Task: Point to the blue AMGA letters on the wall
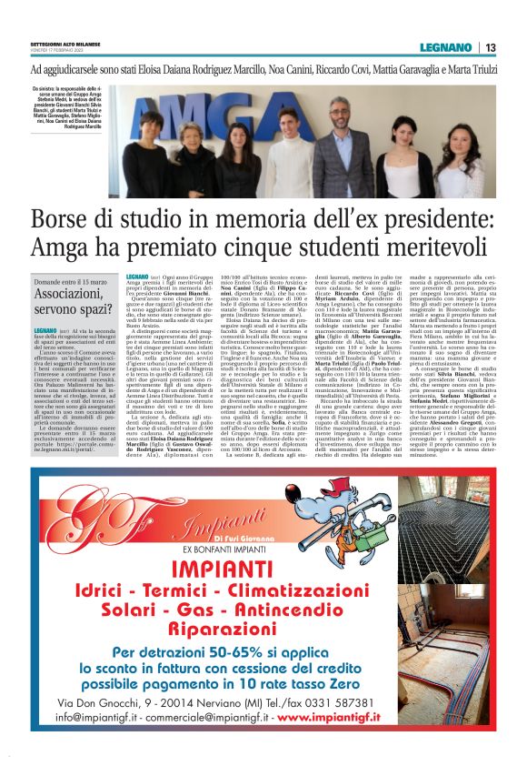tap(227, 114)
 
